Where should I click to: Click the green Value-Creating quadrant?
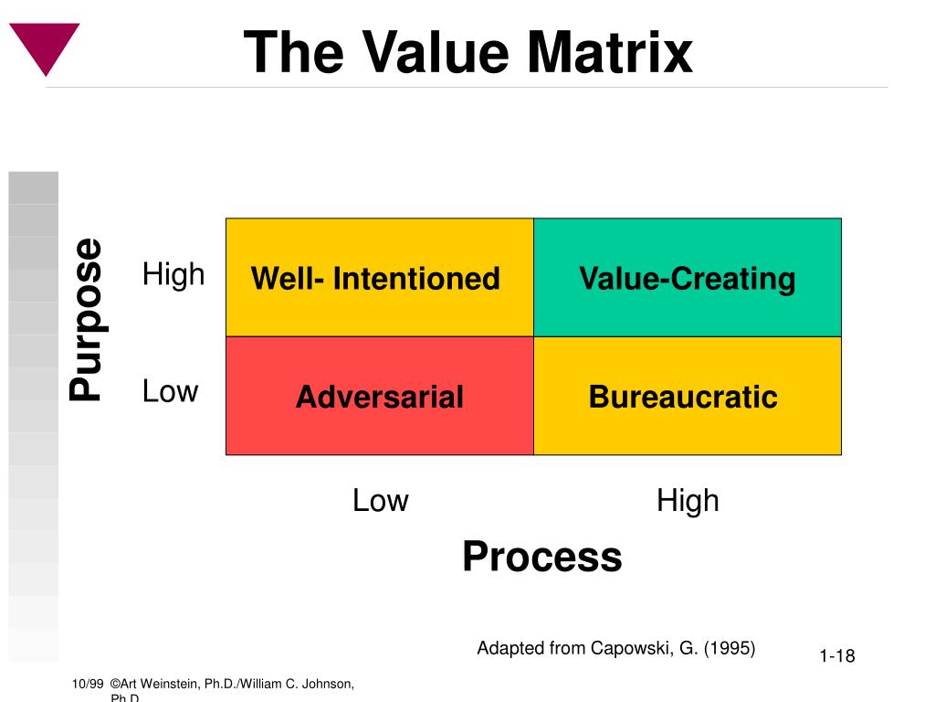[x=688, y=278]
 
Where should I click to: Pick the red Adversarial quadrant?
[x=379, y=397]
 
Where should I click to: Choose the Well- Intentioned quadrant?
[x=379, y=278]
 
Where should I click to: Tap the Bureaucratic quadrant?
[x=688, y=397]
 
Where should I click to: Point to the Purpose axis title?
[x=87, y=319]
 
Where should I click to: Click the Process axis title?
[x=541, y=556]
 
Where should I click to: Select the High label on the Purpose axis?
[x=173, y=274]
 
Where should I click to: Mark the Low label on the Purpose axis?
[x=170, y=391]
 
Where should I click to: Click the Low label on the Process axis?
[x=380, y=501]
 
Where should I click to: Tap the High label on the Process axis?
[x=688, y=501]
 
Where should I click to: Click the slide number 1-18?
[x=836, y=655]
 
